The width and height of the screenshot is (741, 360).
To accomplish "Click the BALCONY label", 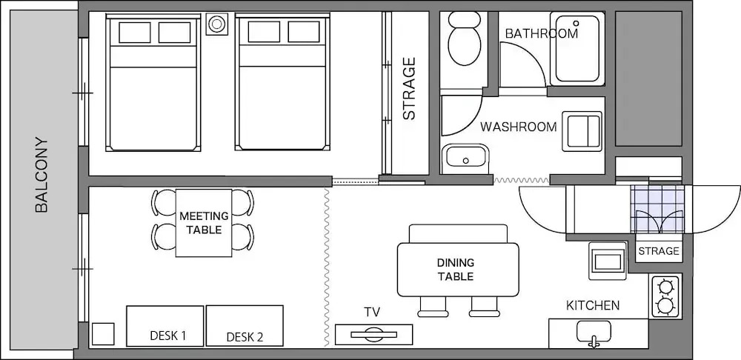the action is [41, 175].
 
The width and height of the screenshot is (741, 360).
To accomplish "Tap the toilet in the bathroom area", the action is [464, 39].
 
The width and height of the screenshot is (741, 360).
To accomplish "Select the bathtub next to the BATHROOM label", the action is [577, 49].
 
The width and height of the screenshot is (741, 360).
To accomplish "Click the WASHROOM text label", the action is [519, 127].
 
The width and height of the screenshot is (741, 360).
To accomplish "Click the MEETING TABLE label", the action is [204, 223].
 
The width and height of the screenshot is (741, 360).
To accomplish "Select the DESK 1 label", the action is [167, 336].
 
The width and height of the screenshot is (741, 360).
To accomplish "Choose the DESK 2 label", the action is [245, 337].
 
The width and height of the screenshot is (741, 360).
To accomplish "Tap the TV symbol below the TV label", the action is [373, 335].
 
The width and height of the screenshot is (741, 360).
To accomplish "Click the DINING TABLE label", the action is [456, 270].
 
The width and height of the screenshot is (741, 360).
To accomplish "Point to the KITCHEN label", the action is [593, 305].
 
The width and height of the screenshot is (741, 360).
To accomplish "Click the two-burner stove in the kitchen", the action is [666, 297].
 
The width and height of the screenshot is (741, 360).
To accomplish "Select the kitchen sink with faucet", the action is [594, 333].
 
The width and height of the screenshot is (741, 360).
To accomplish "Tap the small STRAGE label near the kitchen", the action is [659, 251].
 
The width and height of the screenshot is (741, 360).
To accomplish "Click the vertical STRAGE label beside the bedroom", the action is [409, 88].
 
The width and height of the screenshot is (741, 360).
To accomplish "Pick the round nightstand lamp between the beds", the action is [217, 24].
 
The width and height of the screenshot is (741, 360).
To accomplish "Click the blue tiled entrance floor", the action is [657, 209].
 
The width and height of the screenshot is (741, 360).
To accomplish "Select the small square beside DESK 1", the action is [103, 334].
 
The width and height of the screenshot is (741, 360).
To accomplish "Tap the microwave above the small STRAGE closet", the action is [608, 261].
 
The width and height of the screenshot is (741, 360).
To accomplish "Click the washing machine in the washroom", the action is [582, 131].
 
